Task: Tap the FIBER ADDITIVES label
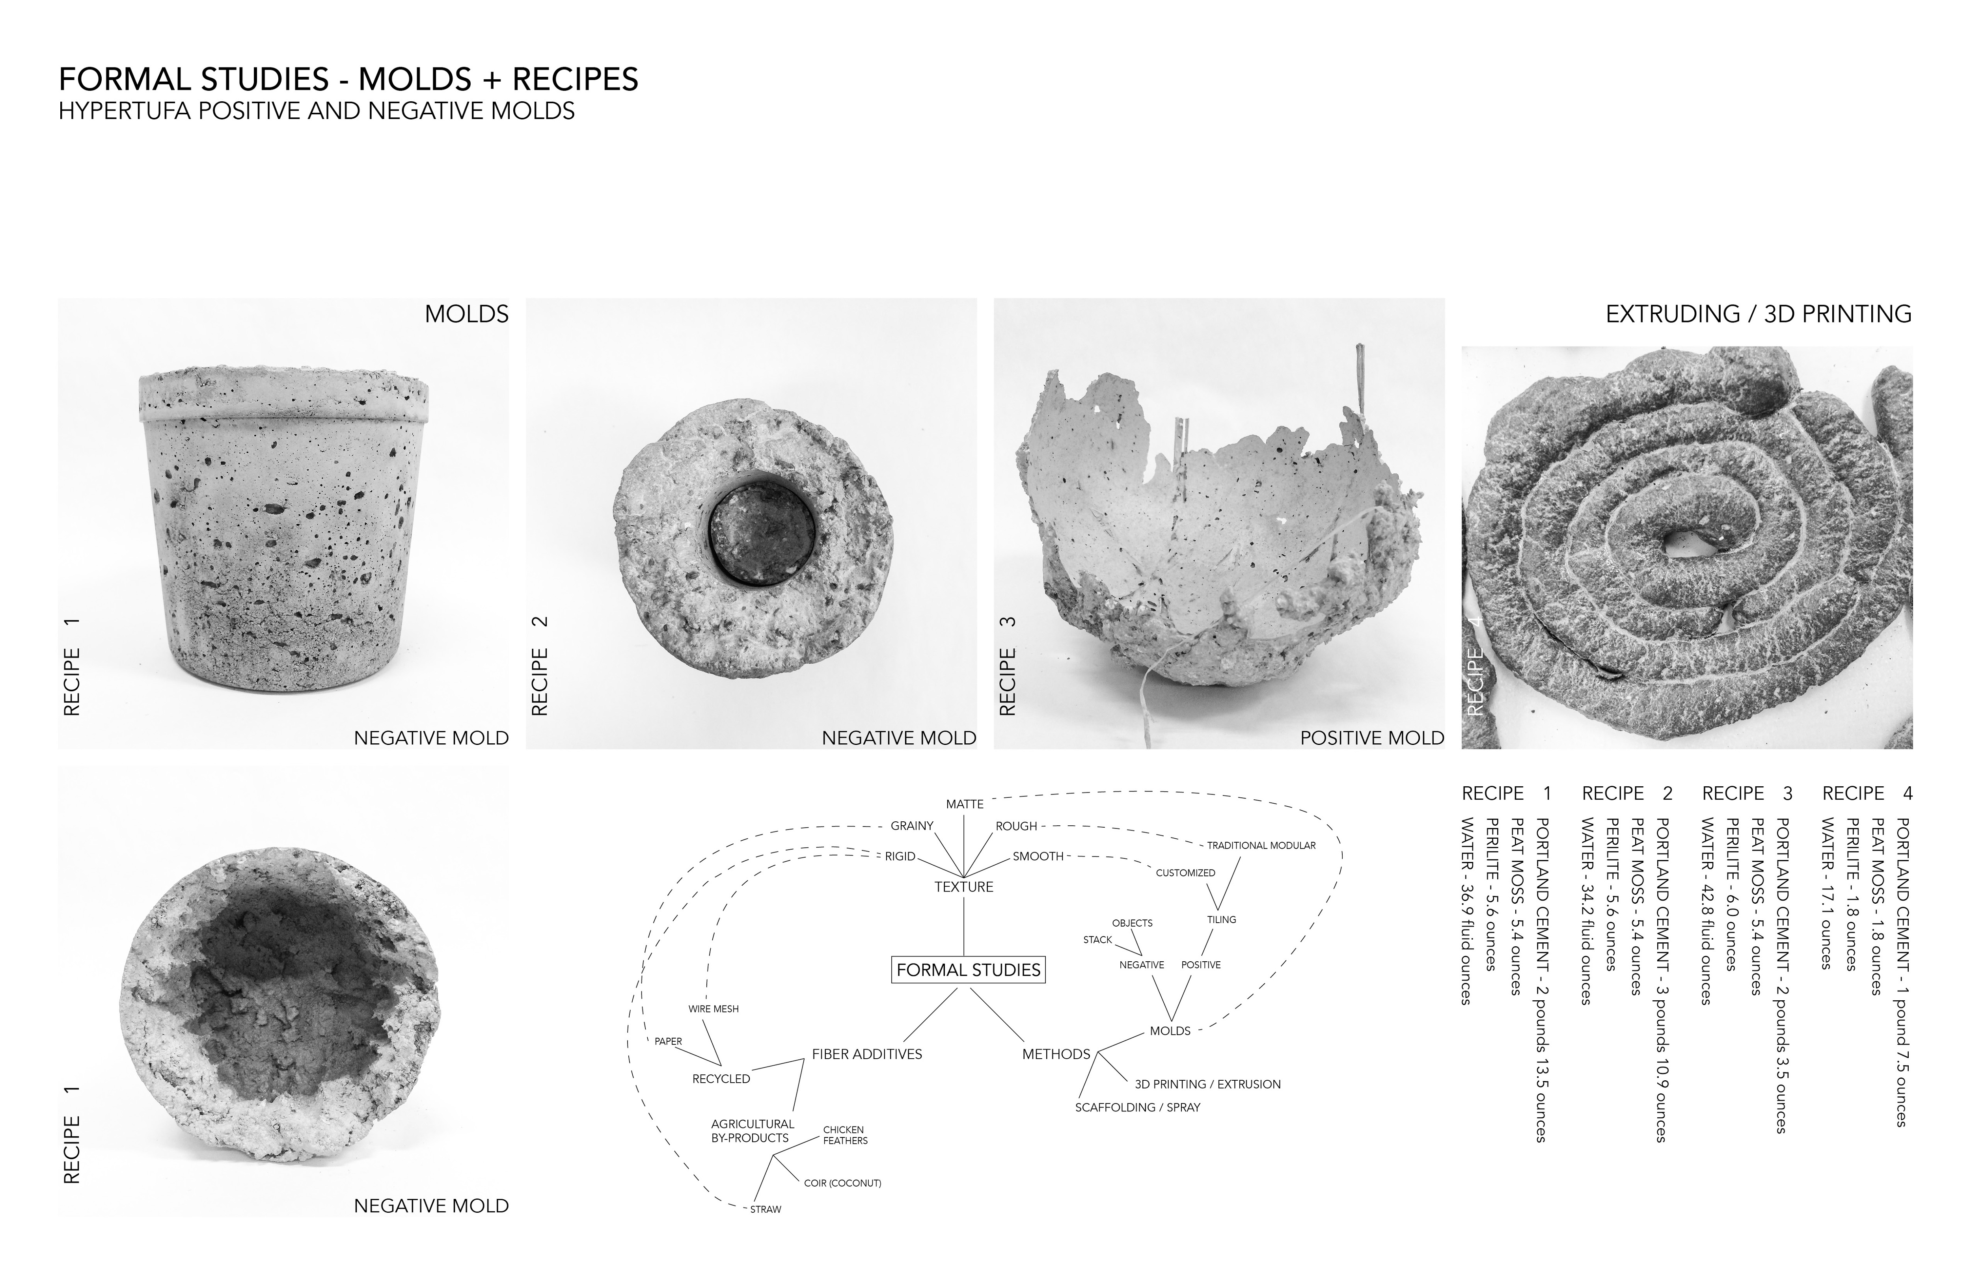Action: tap(867, 1054)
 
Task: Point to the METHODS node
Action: tap(1056, 1054)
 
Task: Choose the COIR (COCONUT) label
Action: tap(842, 1183)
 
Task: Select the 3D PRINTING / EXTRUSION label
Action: tap(1207, 1084)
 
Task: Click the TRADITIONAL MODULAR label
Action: tap(1261, 845)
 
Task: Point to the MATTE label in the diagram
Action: tap(965, 804)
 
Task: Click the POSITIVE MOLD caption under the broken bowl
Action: tap(1372, 738)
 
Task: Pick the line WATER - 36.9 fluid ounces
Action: tap(1466, 911)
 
